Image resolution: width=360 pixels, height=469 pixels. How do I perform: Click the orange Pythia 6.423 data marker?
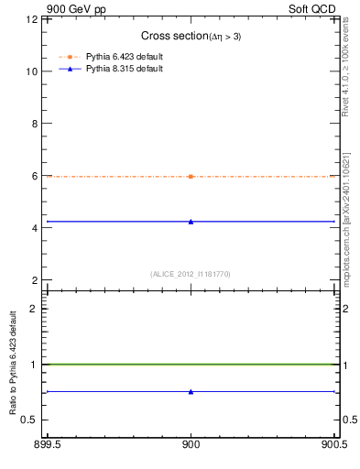click(191, 176)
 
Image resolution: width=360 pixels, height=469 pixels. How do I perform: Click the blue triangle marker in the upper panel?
click(191, 221)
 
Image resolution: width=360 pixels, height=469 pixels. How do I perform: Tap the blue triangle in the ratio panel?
click(191, 392)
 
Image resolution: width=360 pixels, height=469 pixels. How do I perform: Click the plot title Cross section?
click(191, 36)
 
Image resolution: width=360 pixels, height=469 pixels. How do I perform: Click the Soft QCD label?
click(318, 7)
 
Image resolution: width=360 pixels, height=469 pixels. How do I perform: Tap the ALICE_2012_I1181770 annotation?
click(191, 273)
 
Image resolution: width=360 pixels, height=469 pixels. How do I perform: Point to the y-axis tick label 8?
click(34, 124)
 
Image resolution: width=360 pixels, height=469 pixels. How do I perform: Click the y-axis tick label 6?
click(34, 176)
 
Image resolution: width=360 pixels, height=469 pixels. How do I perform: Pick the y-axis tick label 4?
click(34, 228)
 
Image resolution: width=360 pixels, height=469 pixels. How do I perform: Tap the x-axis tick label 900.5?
click(336, 446)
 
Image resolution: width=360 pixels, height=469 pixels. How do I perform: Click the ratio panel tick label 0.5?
click(29, 420)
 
